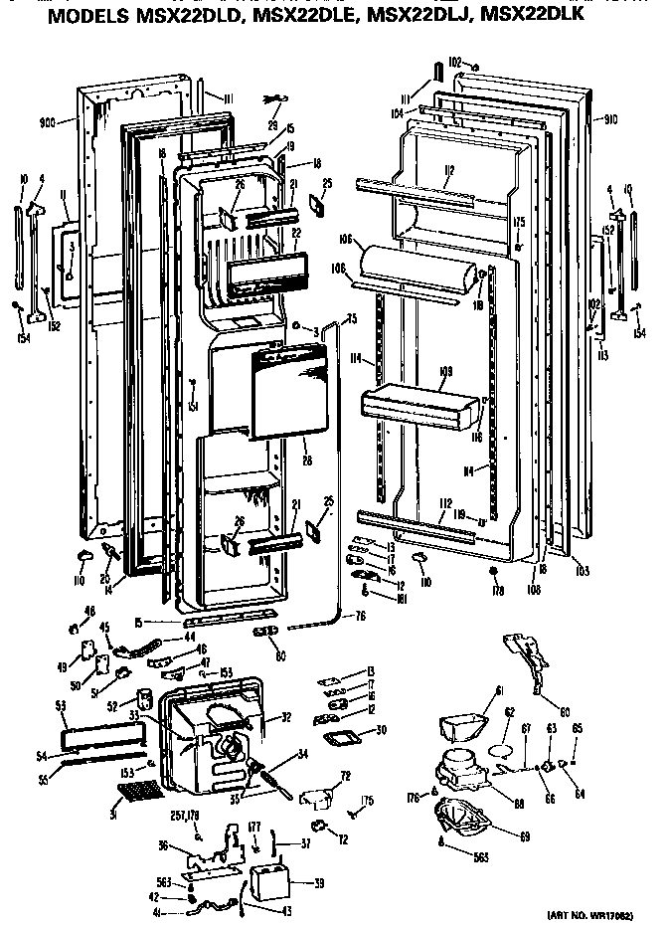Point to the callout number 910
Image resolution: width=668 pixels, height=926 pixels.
tap(609, 120)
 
